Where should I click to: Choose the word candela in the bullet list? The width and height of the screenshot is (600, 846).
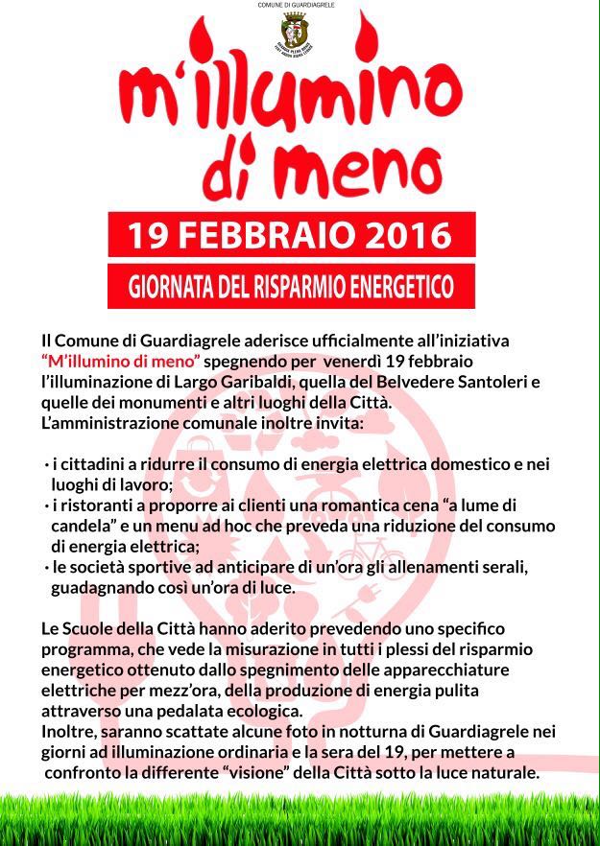pyautogui.click(x=82, y=527)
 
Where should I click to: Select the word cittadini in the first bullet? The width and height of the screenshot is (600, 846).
pyautogui.click(x=93, y=464)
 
